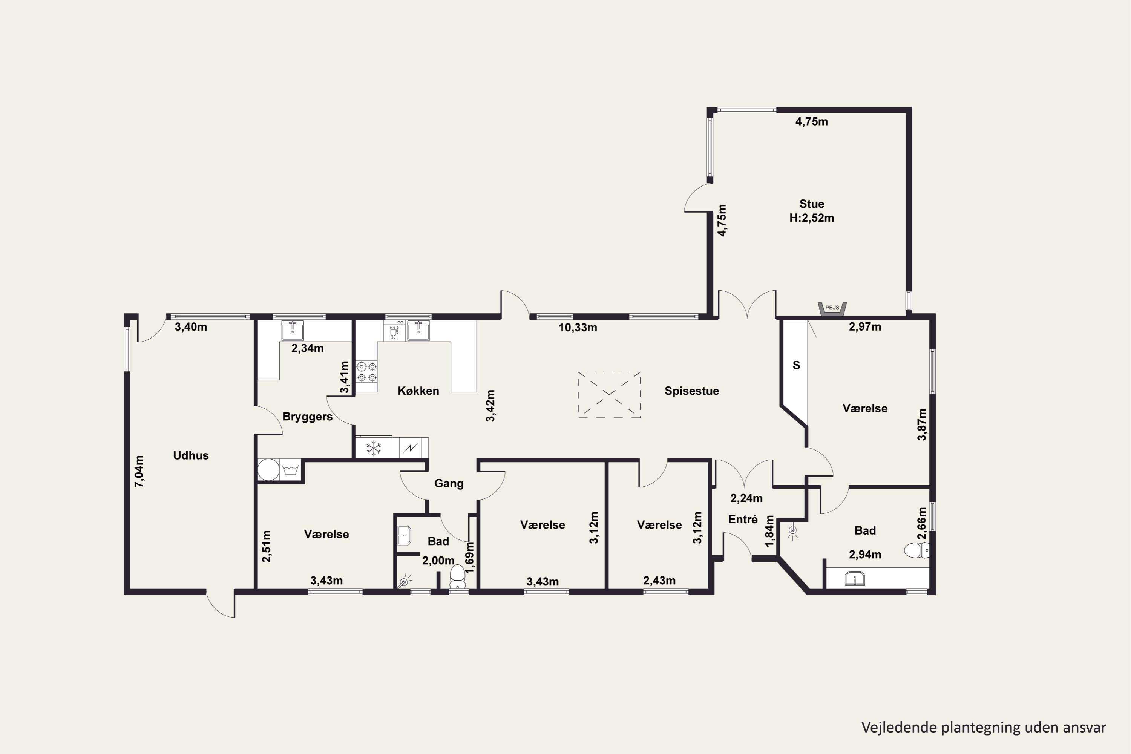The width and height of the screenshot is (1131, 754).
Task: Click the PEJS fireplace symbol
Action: tap(832, 309)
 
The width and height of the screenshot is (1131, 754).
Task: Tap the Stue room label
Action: tap(812, 204)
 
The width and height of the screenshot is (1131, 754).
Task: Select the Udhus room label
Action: tap(191, 455)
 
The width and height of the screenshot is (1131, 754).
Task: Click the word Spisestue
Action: tap(691, 391)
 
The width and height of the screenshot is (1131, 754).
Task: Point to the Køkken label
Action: tap(418, 391)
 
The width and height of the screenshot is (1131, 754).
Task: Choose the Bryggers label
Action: tap(307, 417)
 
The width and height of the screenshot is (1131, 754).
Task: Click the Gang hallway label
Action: tap(449, 483)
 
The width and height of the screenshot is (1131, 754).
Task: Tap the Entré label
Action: tap(743, 520)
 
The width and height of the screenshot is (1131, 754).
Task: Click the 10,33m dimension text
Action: tap(578, 328)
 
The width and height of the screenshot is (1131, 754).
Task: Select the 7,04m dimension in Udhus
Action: tap(139, 471)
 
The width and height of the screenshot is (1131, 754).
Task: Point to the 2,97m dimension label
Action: tap(865, 327)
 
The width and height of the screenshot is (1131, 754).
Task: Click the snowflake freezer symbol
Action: tap(374, 448)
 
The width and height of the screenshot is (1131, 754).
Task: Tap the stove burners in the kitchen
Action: tap(366, 372)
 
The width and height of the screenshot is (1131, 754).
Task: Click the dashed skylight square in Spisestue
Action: tap(609, 394)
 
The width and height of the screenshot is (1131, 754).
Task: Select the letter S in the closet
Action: tap(796, 365)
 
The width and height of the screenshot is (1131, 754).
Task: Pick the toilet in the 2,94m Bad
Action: tap(916, 550)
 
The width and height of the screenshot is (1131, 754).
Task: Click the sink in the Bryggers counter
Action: tap(293, 330)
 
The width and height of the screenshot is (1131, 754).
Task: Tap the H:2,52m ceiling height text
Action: tap(812, 218)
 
